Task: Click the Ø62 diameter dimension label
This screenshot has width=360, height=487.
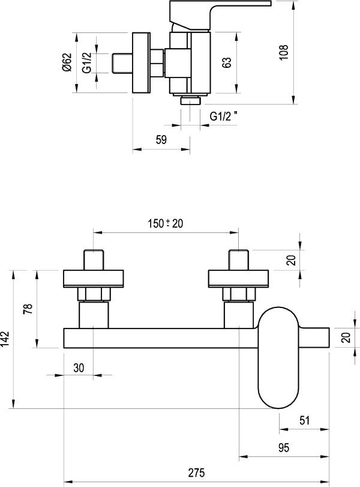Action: coord(67,62)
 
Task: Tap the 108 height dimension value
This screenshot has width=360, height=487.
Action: coord(284,52)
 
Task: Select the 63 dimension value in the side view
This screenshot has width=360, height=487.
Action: coord(227,62)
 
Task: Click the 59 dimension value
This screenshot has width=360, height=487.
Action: coord(161,140)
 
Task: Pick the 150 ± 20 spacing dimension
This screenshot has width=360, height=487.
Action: coord(166,223)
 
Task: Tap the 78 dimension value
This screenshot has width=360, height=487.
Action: coord(28,309)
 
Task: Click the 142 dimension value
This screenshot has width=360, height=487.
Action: coord(5,339)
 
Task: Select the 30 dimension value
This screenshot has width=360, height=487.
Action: coord(79,368)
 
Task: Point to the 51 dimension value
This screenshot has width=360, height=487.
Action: coord(305,420)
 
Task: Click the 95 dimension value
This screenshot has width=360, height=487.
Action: coord(284,447)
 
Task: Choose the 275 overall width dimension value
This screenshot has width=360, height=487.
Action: coord(196,473)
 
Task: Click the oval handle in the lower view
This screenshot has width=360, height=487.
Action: coord(278,357)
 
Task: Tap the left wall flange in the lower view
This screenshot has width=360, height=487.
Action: coord(94,279)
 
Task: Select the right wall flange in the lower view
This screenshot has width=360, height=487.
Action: coord(238,279)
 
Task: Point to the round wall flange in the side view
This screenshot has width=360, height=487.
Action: coord(141,62)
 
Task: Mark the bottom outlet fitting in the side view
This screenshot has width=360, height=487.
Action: coord(190,101)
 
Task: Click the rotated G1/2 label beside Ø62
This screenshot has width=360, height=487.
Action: coord(87,62)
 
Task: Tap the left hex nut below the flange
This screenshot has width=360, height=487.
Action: coord(94,294)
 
